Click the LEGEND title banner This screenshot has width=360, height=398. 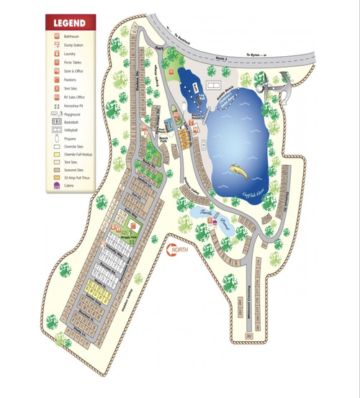coord(71,22)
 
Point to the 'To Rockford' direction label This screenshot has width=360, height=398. coord(184,42)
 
